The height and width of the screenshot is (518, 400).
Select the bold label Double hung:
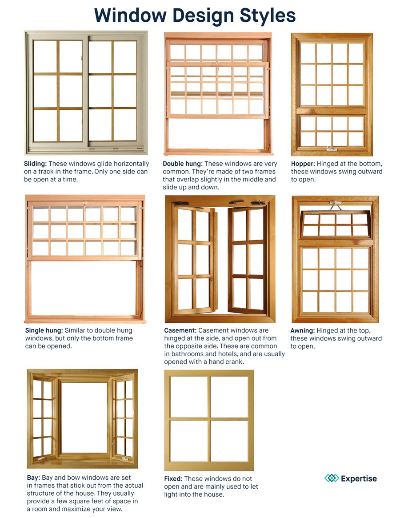(x=182, y=164)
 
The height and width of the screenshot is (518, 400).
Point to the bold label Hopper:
(x=303, y=164)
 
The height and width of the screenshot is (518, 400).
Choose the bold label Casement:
(x=180, y=330)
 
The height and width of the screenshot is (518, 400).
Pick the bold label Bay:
(x=33, y=478)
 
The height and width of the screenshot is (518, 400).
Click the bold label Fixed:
(x=173, y=479)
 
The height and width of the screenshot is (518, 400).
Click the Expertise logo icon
(x=331, y=478)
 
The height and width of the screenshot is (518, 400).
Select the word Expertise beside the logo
(x=359, y=479)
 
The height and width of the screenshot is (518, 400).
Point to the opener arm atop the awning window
(x=336, y=205)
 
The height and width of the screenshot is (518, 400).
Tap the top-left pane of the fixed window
(x=189, y=397)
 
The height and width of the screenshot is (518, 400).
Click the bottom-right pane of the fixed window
(x=229, y=441)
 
